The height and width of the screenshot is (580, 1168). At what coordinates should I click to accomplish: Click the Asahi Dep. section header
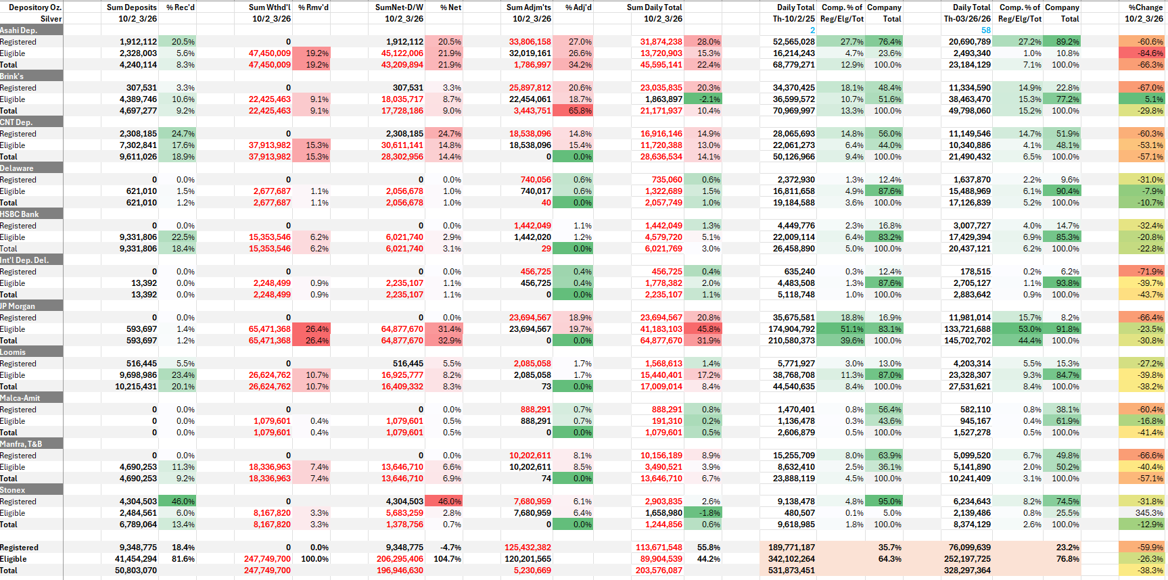tap(19, 30)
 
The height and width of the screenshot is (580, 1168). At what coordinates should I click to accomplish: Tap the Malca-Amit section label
tap(20, 398)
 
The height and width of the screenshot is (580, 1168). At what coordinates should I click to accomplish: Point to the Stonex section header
tap(13, 490)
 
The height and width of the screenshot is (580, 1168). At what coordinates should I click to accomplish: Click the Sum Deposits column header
tap(131, 7)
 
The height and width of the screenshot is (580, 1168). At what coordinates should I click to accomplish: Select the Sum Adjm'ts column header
tap(528, 7)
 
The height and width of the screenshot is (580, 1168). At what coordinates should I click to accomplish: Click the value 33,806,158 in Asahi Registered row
tap(530, 42)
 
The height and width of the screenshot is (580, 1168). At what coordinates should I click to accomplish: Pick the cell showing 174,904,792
tap(793, 329)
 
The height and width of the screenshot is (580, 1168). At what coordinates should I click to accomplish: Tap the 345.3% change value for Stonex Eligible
tap(1149, 513)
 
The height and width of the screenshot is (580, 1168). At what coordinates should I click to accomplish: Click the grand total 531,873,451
tap(793, 571)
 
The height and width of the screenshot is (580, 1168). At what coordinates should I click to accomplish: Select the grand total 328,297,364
tap(967, 571)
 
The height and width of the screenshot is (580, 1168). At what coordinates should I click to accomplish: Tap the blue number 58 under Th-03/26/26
tap(985, 30)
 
